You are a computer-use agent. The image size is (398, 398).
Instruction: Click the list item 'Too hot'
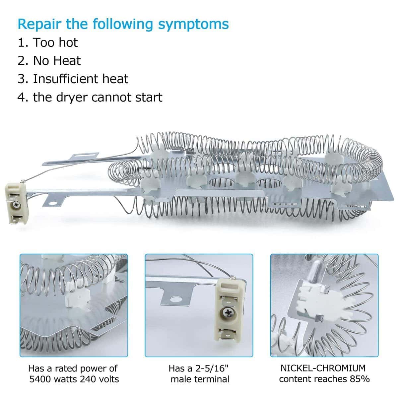point(48,42)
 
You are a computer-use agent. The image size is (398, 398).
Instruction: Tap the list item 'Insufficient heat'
point(73,79)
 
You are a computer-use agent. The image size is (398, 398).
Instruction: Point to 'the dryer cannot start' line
point(90,97)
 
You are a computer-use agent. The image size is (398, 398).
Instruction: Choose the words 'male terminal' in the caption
point(200,379)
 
